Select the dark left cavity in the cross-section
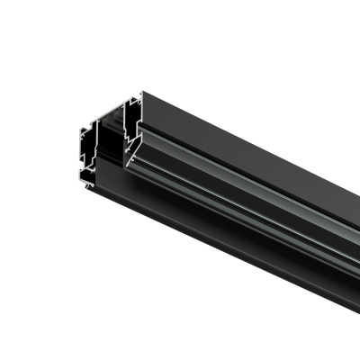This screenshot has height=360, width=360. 87,144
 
